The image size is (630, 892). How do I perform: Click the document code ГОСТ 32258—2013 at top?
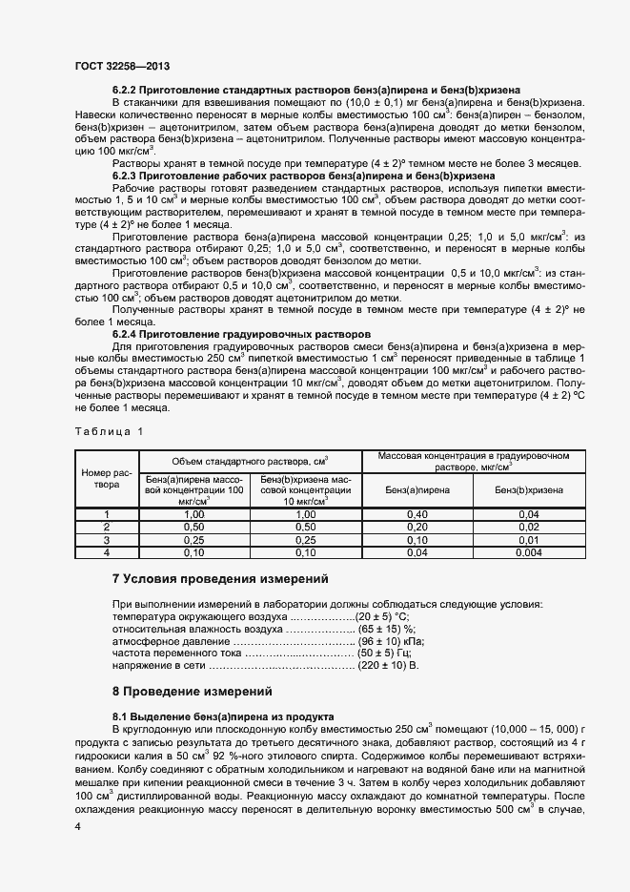(122, 68)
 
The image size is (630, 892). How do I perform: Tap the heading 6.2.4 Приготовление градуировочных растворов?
(240, 334)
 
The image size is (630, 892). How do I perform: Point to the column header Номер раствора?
(107, 478)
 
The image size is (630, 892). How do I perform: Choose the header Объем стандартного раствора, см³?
(251, 460)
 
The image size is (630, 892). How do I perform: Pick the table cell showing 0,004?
(529, 551)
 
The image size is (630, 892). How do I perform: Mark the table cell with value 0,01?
(529, 539)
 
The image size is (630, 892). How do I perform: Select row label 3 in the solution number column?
(107, 539)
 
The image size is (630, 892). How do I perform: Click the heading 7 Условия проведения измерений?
(220, 579)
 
